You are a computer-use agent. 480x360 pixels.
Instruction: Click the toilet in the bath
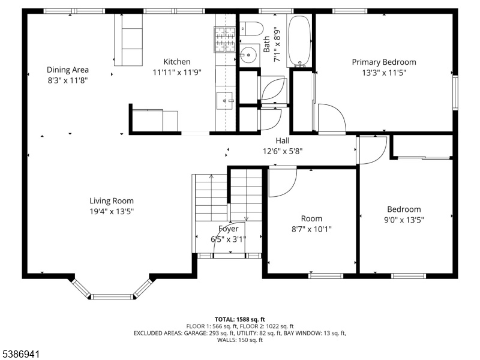(251, 29)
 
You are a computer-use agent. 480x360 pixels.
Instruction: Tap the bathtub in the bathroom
(299, 41)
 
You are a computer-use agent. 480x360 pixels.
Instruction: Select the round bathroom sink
(248, 55)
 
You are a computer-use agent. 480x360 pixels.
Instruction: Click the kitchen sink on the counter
(225, 100)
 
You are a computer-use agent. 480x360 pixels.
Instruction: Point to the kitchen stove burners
(224, 39)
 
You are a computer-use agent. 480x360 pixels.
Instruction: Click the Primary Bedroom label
(384, 62)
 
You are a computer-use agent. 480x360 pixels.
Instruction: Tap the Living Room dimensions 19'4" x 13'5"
(112, 211)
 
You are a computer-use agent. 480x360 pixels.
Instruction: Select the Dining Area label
(68, 70)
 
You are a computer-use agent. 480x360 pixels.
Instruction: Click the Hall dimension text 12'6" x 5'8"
(283, 151)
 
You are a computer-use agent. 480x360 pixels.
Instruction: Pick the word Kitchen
(177, 62)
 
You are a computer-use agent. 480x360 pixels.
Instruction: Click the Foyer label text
(229, 229)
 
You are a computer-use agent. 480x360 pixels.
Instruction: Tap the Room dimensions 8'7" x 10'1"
(311, 229)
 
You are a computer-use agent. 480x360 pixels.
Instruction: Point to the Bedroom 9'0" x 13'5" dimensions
(404, 220)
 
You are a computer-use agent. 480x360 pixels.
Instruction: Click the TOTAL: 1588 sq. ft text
(239, 320)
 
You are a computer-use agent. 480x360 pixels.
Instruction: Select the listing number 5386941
(20, 354)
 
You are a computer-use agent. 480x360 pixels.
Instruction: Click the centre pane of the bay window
(113, 296)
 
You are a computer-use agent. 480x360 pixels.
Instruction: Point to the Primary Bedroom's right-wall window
(455, 93)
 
